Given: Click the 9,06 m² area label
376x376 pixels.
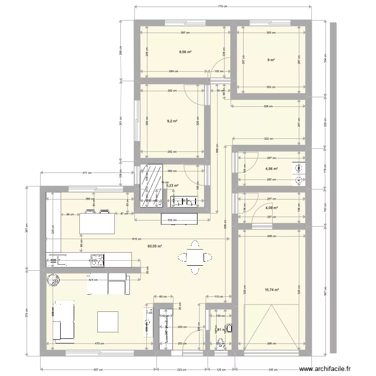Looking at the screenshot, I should click(x=186, y=51).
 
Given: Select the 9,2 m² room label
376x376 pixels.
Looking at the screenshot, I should click(x=172, y=121).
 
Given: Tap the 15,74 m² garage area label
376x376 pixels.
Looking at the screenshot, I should click(x=272, y=290).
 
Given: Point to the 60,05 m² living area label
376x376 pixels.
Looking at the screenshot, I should click(x=154, y=246).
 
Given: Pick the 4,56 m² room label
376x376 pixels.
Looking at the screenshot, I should click(x=271, y=169).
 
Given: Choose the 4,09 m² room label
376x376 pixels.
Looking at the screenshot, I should click(x=271, y=208).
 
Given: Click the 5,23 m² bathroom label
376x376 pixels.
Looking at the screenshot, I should click(x=172, y=185).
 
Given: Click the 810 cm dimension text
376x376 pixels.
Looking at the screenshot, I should click(x=137, y=239).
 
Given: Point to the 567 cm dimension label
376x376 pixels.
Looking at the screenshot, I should click(x=325, y=288).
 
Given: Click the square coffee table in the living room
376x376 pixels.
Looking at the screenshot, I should click(x=108, y=322).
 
